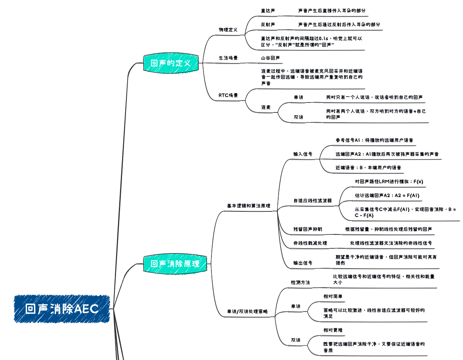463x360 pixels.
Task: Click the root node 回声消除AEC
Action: pyautogui.click(x=62, y=309)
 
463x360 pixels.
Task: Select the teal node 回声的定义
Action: pyautogui.click(x=170, y=63)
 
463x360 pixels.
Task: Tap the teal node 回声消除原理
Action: pyautogui.click(x=175, y=263)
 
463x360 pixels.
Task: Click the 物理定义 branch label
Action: pyautogui.click(x=228, y=30)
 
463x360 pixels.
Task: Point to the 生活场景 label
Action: pyautogui.click(x=228, y=58)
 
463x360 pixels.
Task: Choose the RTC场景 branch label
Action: pyautogui.click(x=228, y=95)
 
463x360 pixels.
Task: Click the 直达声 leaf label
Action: pyautogui.click(x=268, y=11)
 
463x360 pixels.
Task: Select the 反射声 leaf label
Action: pyautogui.click(x=268, y=25)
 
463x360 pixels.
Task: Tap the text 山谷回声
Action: pyautogui.click(x=270, y=58)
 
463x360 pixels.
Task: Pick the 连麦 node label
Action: pyautogui.click(x=266, y=107)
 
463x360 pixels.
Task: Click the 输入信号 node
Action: pyautogui.click(x=303, y=154)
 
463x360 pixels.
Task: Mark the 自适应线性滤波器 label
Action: pyautogui.click(x=312, y=201)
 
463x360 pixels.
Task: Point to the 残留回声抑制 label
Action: pyautogui.click(x=308, y=229)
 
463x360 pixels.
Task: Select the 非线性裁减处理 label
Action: pyautogui.click(x=310, y=243)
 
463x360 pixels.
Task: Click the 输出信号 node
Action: pyautogui.click(x=303, y=263)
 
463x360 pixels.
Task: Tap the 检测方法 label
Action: pyautogui.click(x=300, y=282)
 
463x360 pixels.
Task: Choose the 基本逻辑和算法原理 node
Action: pyautogui.click(x=248, y=206)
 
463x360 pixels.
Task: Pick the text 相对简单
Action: pyautogui.click(x=333, y=296)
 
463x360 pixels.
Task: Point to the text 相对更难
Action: pyautogui.click(x=333, y=330)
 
